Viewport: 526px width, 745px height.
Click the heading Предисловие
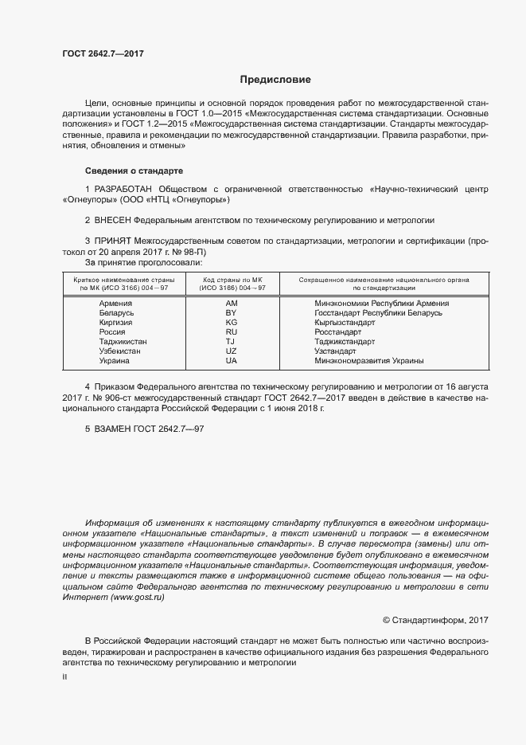pos(275,80)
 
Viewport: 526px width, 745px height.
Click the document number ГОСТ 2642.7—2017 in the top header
pos(103,54)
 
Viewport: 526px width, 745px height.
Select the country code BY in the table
pos(232,313)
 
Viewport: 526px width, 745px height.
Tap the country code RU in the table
pos(232,332)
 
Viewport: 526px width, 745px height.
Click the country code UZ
pos(232,351)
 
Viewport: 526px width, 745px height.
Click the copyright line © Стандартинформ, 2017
pos(435,619)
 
